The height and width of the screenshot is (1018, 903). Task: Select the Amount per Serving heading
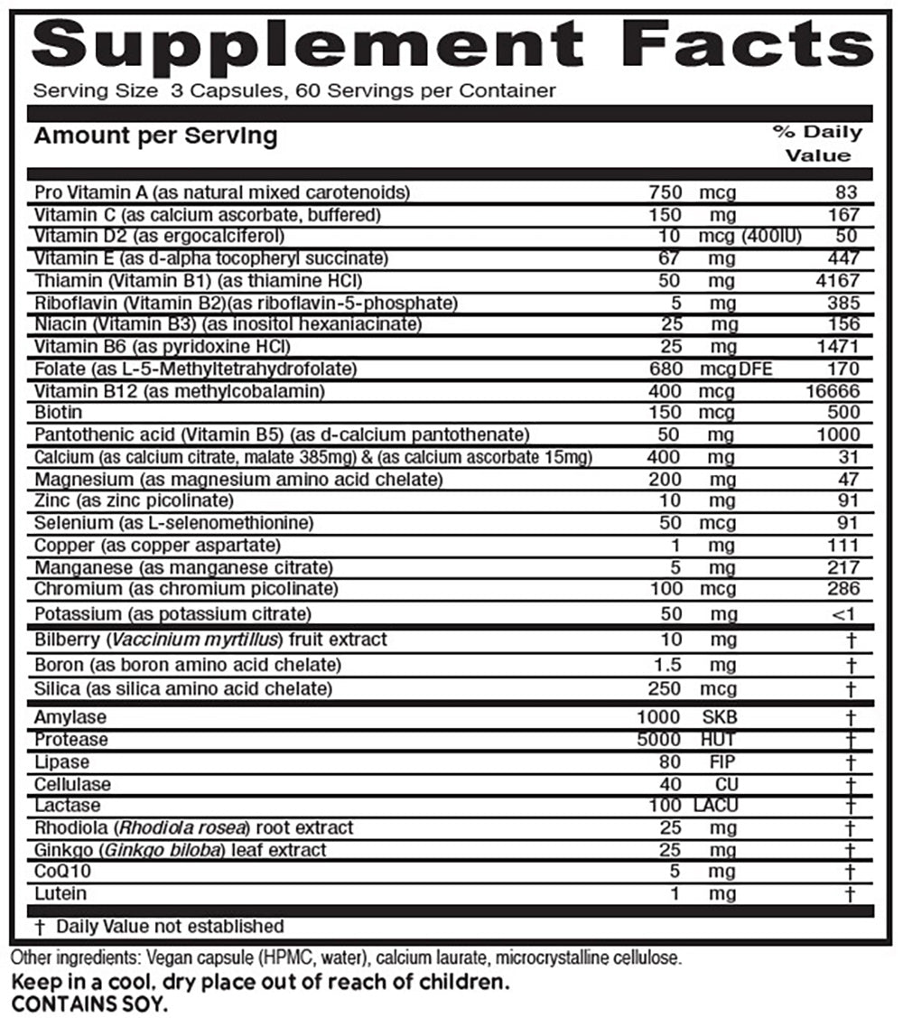(x=155, y=136)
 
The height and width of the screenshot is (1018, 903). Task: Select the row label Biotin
(x=56, y=413)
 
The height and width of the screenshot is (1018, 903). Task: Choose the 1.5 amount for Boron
(x=666, y=665)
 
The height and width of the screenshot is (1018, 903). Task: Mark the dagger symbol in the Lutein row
(x=849, y=894)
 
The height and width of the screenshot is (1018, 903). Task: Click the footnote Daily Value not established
(x=169, y=926)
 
